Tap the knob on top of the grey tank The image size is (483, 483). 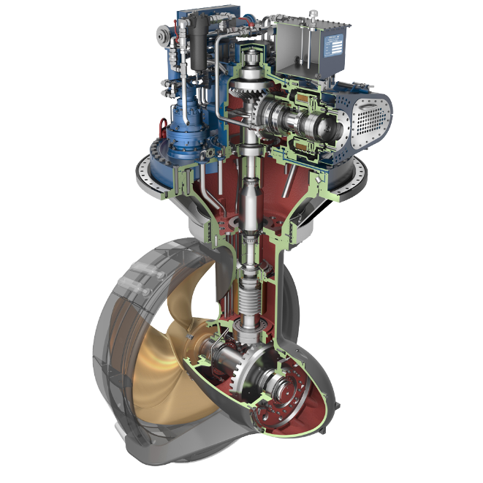coord(313,14)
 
